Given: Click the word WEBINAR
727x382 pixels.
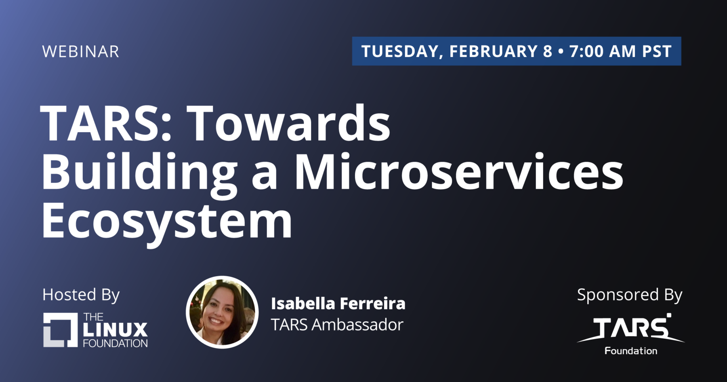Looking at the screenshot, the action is (81, 52).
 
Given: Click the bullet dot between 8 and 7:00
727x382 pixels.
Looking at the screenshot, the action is (561, 52).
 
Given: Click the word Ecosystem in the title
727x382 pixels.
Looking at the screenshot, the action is (167, 222).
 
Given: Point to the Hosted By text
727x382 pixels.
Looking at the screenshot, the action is (81, 295).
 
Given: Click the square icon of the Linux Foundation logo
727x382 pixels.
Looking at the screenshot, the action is (61, 330).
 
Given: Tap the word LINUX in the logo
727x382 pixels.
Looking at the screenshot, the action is (116, 330).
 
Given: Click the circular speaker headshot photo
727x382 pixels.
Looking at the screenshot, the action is (222, 312).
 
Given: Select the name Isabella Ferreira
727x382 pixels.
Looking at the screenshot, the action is (338, 304).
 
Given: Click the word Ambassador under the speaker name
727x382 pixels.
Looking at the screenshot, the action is (357, 325).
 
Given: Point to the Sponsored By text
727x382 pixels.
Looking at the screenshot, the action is (630, 295).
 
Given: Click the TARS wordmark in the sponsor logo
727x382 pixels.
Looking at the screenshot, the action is (631, 328).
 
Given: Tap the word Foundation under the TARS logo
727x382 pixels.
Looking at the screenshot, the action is (631, 351).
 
